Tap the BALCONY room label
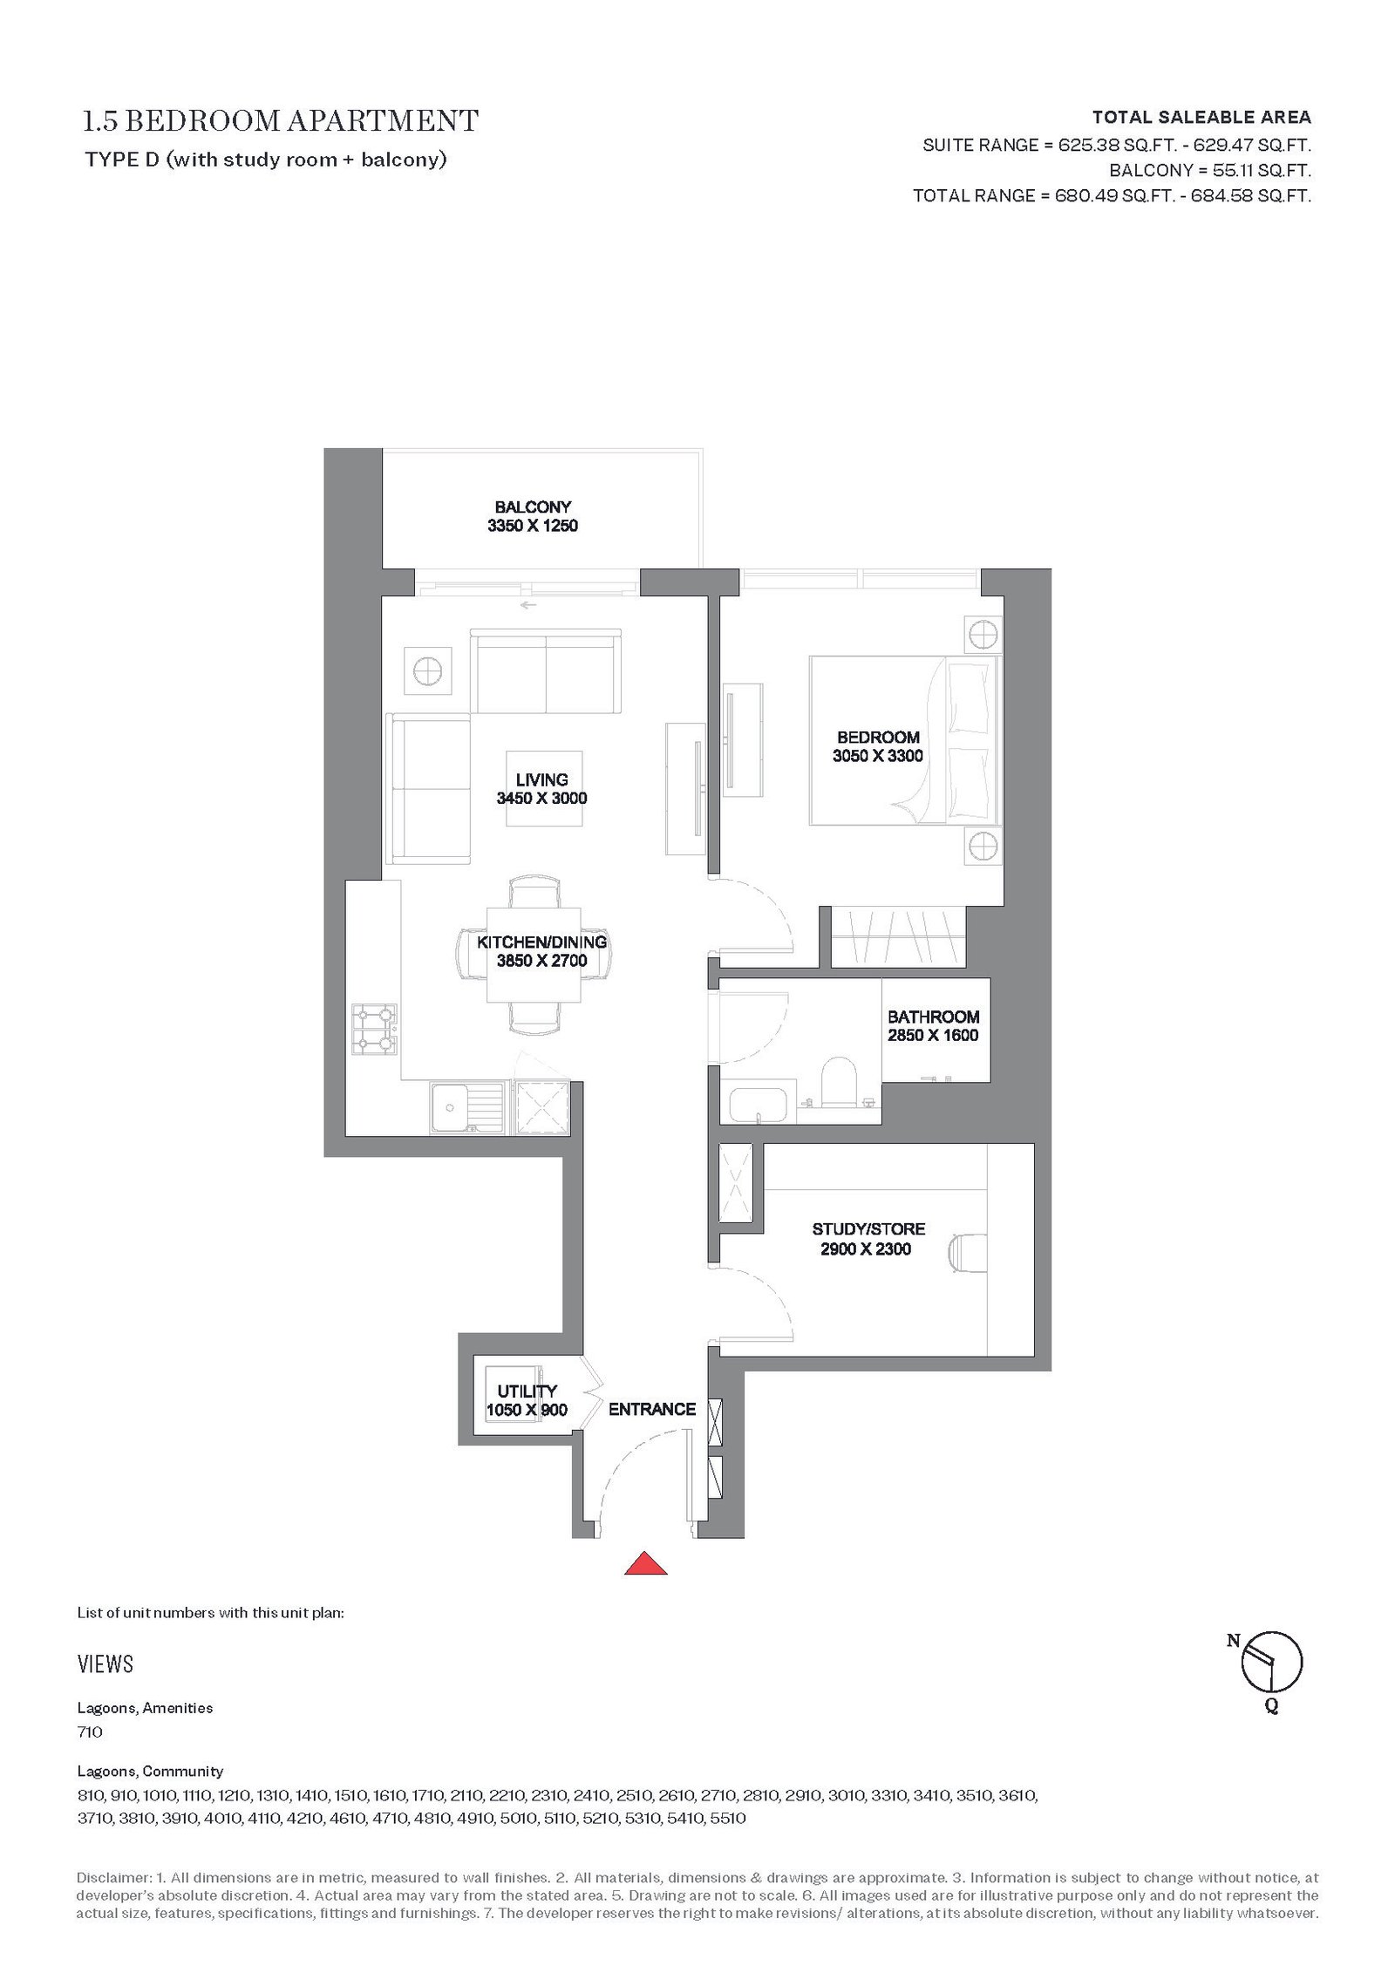coord(533,507)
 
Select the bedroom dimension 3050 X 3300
coord(877,756)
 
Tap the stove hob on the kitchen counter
coord(373,1029)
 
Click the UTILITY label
coord(527,1391)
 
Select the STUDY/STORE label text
coord(868,1229)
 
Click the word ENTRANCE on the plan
coord(652,1409)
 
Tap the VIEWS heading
coord(105,1664)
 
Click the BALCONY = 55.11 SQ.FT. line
coord(1210,171)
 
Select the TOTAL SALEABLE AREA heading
coord(1201,117)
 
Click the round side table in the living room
coord(428,670)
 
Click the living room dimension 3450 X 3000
coord(541,798)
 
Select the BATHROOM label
coord(933,1017)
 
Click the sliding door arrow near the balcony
coord(527,604)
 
